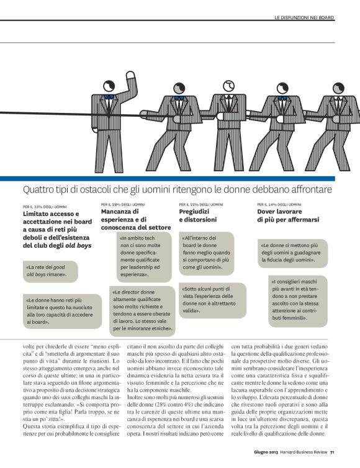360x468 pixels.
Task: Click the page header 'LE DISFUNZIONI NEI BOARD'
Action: coord(304,17)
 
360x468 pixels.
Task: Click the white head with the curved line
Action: coord(229,86)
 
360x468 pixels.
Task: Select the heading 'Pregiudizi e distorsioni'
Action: coord(198,215)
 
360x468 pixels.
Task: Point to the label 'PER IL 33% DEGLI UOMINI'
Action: coord(45,207)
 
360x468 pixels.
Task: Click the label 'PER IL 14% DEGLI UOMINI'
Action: coord(279,204)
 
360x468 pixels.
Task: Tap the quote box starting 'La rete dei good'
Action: coord(50,271)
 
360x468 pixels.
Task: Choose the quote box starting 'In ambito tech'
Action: coord(144,257)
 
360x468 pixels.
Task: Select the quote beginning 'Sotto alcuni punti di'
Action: coord(212,300)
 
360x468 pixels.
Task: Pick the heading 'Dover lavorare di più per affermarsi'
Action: coord(288,215)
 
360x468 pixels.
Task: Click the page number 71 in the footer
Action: coord(332,452)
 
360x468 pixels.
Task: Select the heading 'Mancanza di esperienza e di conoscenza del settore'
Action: coord(136,219)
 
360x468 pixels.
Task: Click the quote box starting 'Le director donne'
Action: coord(142,311)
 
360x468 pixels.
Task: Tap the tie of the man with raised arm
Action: coord(108,105)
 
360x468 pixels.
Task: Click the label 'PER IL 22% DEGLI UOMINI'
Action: coord(201,204)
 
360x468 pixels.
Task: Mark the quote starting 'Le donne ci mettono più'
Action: coord(293,253)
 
